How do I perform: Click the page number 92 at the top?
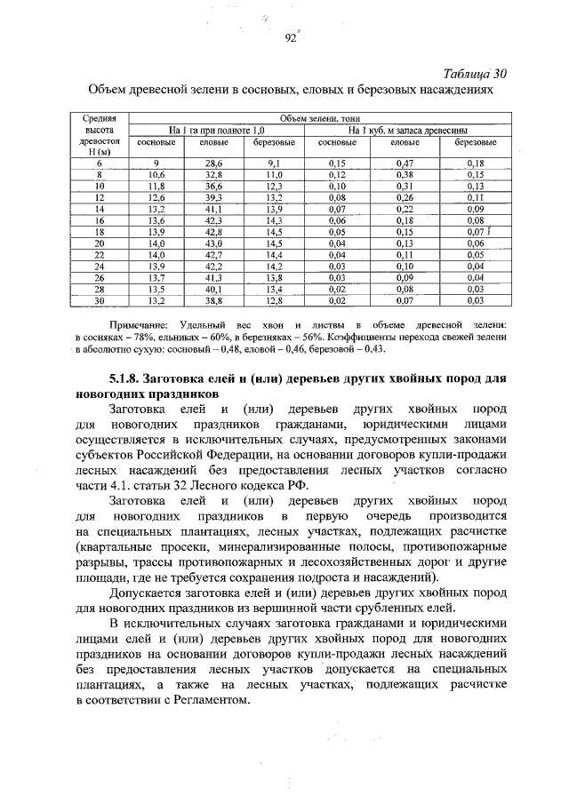point(289,37)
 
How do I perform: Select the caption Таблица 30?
point(473,73)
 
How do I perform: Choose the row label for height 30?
point(100,301)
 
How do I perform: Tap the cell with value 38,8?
point(214,301)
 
